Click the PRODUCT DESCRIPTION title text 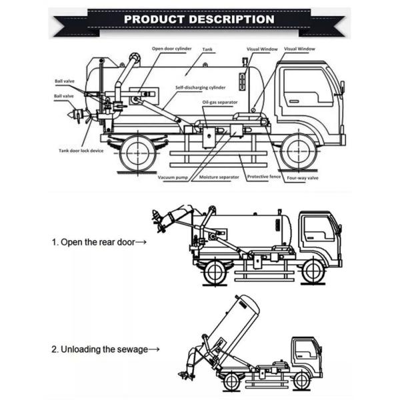pyautogui.click(x=199, y=19)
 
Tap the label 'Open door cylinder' pyautogui.click(x=172, y=49)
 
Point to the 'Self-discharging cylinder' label pyautogui.click(x=201, y=87)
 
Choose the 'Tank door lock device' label pyautogui.click(x=79, y=150)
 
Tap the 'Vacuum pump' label pyautogui.click(x=172, y=177)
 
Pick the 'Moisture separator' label pyautogui.click(x=219, y=177)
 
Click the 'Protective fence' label pyautogui.click(x=262, y=177)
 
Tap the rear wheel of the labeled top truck pyautogui.click(x=139, y=153)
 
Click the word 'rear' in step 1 pyautogui.click(x=109, y=242)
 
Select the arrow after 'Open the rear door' pyautogui.click(x=141, y=242)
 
